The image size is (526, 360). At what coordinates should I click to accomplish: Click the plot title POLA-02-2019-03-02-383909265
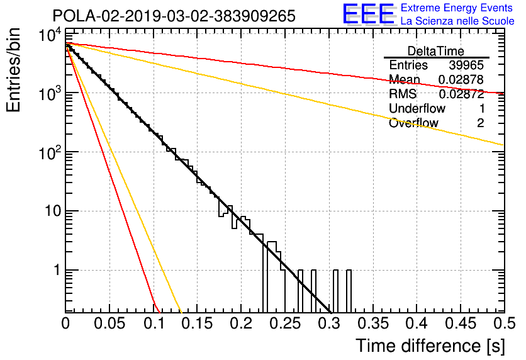(x=174, y=16)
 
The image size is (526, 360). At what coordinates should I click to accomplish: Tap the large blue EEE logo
(x=369, y=14)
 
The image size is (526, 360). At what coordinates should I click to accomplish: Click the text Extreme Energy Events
(x=457, y=8)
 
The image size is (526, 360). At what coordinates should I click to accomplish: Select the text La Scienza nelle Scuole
(x=457, y=21)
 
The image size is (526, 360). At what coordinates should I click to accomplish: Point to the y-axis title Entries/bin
(x=13, y=70)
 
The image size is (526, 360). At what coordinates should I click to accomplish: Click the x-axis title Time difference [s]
(x=430, y=346)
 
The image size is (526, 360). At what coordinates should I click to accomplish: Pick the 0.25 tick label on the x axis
(x=285, y=323)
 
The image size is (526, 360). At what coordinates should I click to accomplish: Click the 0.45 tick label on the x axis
(x=461, y=323)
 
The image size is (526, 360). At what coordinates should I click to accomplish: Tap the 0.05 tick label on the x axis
(x=109, y=323)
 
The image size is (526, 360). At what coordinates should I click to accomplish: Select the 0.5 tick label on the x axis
(x=504, y=323)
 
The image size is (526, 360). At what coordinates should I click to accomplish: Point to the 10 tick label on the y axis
(x=52, y=211)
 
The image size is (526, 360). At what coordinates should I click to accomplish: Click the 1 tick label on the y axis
(x=57, y=270)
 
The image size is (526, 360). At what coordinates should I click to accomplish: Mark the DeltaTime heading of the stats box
(x=436, y=51)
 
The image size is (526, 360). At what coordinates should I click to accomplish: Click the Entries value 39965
(x=466, y=65)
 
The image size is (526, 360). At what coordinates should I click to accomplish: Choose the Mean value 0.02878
(x=461, y=79)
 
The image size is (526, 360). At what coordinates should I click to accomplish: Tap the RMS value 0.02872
(x=461, y=94)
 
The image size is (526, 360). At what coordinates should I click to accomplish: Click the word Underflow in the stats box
(x=417, y=108)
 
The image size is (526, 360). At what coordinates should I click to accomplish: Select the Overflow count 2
(x=480, y=123)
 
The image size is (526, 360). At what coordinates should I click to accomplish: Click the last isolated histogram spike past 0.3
(x=349, y=291)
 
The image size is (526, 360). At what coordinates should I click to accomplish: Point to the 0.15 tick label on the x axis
(x=198, y=323)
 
